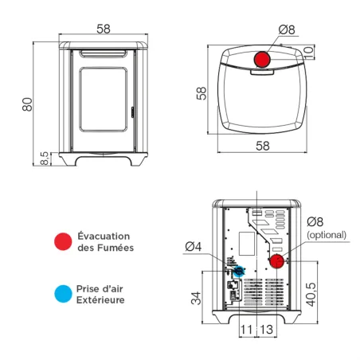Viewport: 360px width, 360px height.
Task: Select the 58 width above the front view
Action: point(104,29)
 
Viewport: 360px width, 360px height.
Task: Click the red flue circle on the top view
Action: point(261,61)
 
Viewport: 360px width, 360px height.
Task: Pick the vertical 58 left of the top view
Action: point(202,93)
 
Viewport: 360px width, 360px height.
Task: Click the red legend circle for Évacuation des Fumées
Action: point(61,242)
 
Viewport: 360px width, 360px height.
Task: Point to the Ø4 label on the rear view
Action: point(194,245)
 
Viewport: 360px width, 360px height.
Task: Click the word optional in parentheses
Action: point(327,235)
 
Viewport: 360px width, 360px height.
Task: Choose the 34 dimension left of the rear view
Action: point(194,299)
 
